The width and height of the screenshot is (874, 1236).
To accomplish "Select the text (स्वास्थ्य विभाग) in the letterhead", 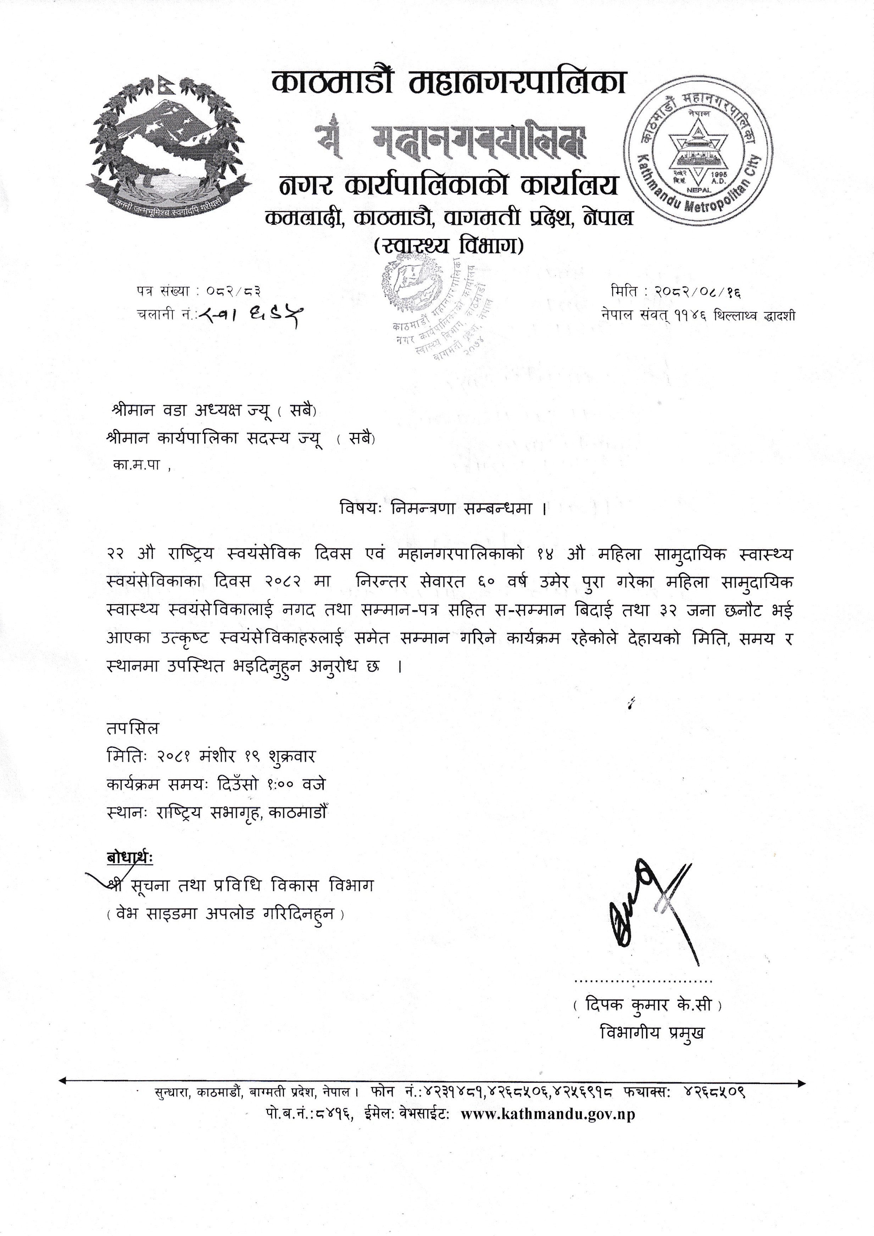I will pyautogui.click(x=448, y=246).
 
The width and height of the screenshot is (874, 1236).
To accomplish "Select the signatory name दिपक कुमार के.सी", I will pyautogui.click(x=647, y=1004).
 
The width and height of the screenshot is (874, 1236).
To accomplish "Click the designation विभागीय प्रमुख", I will pyautogui.click(x=652, y=1032).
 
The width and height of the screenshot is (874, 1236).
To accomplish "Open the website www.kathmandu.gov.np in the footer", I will pyautogui.click(x=548, y=1114).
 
